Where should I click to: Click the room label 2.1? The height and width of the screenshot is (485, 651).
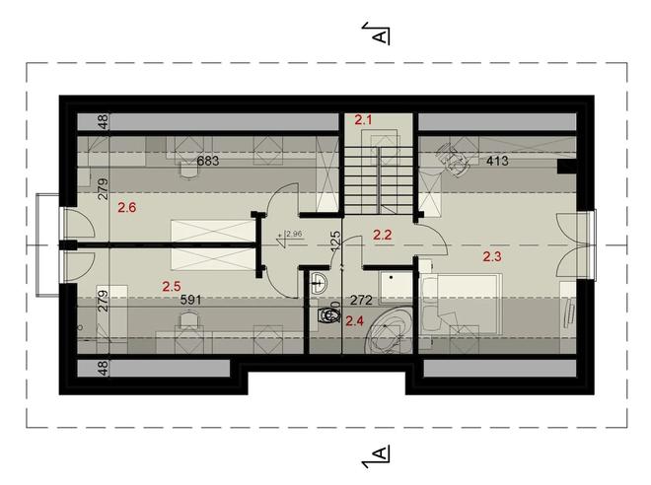pyautogui.click(x=364, y=120)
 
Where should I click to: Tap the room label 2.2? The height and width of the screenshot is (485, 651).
pyautogui.click(x=382, y=236)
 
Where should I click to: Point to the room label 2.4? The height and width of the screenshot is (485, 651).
pyautogui.click(x=355, y=320)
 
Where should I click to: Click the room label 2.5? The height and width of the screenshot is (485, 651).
pyautogui.click(x=172, y=287)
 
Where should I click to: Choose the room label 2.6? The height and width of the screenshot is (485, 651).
pyautogui.click(x=126, y=207)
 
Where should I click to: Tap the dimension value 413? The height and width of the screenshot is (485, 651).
pyautogui.click(x=494, y=161)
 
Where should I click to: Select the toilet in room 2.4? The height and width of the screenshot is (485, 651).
pyautogui.click(x=326, y=318)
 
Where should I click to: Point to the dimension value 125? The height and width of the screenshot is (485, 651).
pyautogui.click(x=335, y=240)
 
